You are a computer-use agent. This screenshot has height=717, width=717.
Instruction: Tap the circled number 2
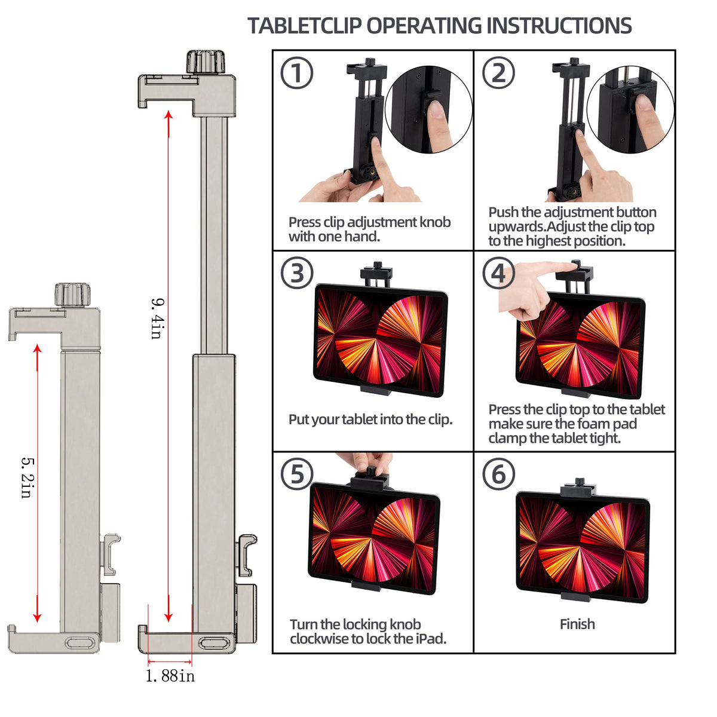498,73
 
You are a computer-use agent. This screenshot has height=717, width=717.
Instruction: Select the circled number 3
297,274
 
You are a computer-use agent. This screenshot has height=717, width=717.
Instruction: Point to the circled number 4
498,274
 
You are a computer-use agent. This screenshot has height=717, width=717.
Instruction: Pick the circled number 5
297,474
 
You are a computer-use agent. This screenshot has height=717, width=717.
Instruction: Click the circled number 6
498,474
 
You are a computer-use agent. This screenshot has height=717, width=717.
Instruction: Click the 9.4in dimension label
156,318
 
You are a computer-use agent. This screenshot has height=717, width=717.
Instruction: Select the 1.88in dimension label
170,676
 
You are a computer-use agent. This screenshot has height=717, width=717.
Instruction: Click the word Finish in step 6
577,624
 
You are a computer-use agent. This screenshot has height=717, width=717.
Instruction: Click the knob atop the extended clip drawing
205,62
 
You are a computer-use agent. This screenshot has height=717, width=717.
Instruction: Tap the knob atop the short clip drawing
73,295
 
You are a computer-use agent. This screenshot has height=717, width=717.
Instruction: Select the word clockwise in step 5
319,639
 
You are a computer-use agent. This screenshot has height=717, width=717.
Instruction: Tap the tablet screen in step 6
581,547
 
